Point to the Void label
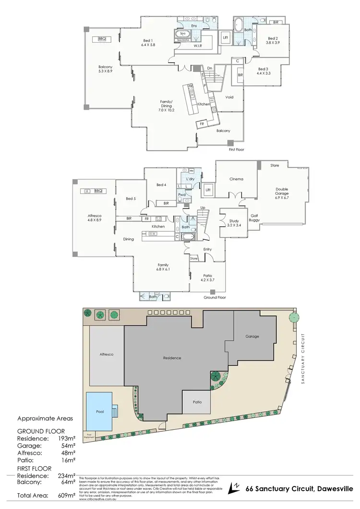229,97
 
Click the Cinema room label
236,179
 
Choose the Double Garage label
282,191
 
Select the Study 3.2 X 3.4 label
234,223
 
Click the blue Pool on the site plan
99,411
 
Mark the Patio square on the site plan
197,402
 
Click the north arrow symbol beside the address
234,488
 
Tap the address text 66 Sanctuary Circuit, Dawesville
299,490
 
